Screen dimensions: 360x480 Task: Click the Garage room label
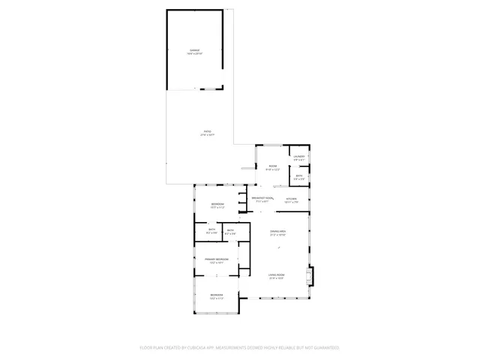point(194,50)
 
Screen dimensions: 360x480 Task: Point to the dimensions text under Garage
point(194,54)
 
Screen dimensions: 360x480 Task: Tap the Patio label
point(208,132)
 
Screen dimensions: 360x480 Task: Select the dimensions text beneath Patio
point(208,136)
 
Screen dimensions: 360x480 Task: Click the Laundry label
point(299,156)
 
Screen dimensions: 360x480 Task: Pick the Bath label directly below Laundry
point(299,176)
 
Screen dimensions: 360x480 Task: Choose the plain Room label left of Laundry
point(273,166)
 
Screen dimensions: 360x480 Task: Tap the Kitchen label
point(291,198)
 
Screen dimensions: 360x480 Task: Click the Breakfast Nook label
point(262,198)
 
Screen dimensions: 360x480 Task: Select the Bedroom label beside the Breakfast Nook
point(217,204)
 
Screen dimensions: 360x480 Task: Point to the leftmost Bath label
point(212,229)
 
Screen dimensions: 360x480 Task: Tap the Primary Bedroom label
point(217,259)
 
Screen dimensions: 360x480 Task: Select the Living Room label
point(277,275)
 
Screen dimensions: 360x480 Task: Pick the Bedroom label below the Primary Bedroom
point(217,295)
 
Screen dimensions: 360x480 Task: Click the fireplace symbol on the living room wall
point(311,277)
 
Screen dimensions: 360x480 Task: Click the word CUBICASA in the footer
point(196,347)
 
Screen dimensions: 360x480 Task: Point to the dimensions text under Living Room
point(277,279)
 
